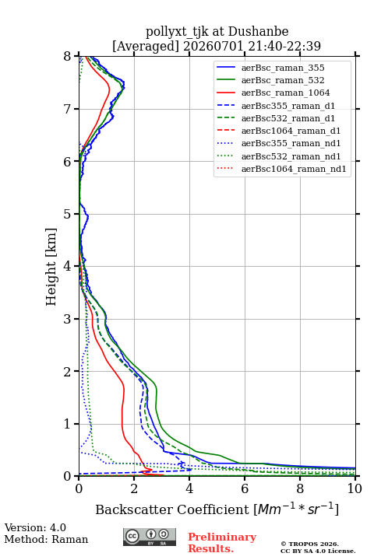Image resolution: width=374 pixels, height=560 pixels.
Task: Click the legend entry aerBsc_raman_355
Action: pyautogui.click(x=283, y=68)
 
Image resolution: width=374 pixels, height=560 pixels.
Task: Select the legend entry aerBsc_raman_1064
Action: pyautogui.click(x=286, y=93)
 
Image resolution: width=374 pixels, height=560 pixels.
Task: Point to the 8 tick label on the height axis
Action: pyautogui.click(x=68, y=57)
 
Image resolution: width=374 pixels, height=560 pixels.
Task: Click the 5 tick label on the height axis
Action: pyautogui.click(x=68, y=214)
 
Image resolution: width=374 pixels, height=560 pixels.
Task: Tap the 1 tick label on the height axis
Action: pyautogui.click(x=68, y=424)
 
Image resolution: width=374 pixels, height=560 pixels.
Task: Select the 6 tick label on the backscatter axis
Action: pyautogui.click(x=245, y=488)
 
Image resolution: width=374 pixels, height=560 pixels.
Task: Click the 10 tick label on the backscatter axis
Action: pyautogui.click(x=355, y=488)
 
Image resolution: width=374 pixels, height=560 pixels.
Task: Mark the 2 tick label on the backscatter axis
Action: pyautogui.click(x=134, y=488)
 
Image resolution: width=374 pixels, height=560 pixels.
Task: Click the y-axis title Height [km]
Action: pyautogui.click(x=51, y=267)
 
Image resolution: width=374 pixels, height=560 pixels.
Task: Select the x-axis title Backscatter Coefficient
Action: pyautogui.click(x=172, y=509)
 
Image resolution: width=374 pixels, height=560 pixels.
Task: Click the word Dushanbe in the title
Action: pyautogui.click(x=259, y=32)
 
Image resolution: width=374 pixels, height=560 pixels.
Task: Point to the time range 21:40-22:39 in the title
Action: pyautogui.click(x=283, y=46)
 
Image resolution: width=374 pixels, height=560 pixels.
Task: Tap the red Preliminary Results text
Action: pyautogui.click(x=222, y=543)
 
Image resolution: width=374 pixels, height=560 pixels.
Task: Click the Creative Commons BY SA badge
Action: pyautogui.click(x=150, y=537)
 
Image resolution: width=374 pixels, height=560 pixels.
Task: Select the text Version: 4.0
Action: pyautogui.click(x=35, y=527)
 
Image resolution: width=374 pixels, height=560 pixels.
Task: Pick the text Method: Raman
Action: pyautogui.click(x=46, y=539)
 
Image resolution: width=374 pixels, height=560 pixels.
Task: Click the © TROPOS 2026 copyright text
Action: pyautogui.click(x=310, y=544)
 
